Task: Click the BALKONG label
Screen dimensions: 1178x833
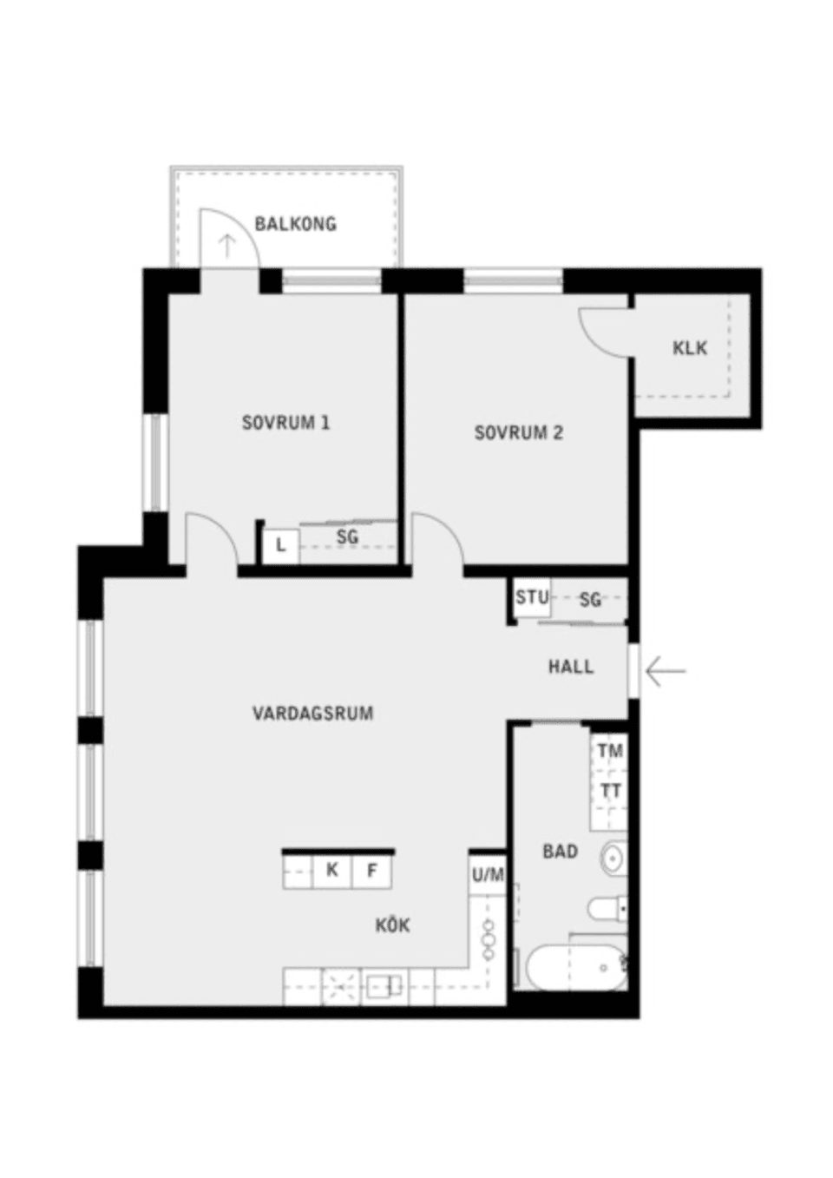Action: tap(295, 224)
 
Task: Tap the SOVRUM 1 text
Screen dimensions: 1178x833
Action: tap(285, 424)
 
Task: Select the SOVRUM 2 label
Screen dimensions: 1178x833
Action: tap(518, 432)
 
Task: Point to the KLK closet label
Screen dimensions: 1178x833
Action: tap(690, 348)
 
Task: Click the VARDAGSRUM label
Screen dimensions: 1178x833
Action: tap(312, 714)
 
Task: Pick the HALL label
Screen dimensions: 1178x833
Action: tap(571, 667)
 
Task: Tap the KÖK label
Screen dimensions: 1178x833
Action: tap(393, 925)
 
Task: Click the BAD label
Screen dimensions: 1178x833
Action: tap(560, 852)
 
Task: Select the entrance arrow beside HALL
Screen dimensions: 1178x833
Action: tap(666, 670)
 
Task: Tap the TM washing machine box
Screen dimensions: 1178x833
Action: tap(610, 751)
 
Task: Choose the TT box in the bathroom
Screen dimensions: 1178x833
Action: tap(610, 791)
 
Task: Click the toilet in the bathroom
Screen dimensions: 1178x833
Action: tap(607, 909)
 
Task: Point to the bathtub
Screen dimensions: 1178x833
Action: tap(575, 967)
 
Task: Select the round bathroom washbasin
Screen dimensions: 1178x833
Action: tap(613, 858)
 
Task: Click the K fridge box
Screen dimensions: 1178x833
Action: tap(331, 870)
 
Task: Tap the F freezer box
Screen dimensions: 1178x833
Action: tap(372, 870)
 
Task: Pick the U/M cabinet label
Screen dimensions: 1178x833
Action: tap(488, 875)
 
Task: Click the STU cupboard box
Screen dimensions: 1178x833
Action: tap(531, 597)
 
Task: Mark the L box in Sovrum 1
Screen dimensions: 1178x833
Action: tap(280, 546)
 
